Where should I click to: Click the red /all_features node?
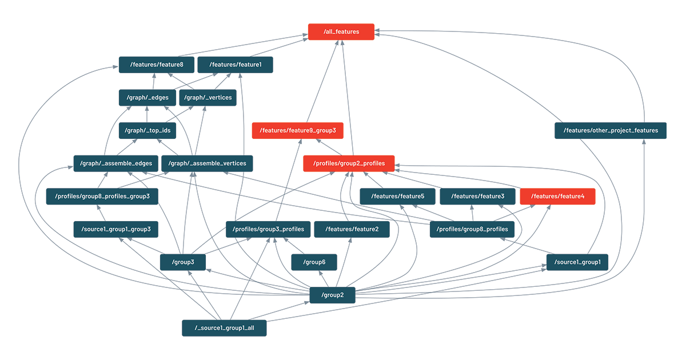[x=341, y=32]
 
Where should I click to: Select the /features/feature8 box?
[x=157, y=65]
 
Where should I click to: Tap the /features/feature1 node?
[x=235, y=65]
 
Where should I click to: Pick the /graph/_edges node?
[x=147, y=98]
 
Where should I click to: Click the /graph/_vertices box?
[x=208, y=98]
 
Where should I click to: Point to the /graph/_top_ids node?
[x=147, y=131]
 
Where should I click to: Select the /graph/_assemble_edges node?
[x=115, y=163]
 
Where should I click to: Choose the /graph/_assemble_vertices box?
[x=207, y=163]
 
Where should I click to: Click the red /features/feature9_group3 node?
[x=298, y=131]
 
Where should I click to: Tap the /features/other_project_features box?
[x=611, y=131]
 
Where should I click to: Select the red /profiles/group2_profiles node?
[x=349, y=163]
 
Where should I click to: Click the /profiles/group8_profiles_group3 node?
[x=102, y=197]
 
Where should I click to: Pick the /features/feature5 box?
[x=397, y=197]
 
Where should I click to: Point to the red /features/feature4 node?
[x=557, y=197]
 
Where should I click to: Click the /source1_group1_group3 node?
[x=115, y=229]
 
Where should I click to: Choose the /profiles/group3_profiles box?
[x=268, y=229]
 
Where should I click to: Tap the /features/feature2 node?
[x=352, y=229]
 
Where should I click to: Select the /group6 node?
[x=314, y=262]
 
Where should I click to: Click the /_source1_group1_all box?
[x=224, y=328]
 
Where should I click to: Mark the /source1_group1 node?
[x=577, y=262]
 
